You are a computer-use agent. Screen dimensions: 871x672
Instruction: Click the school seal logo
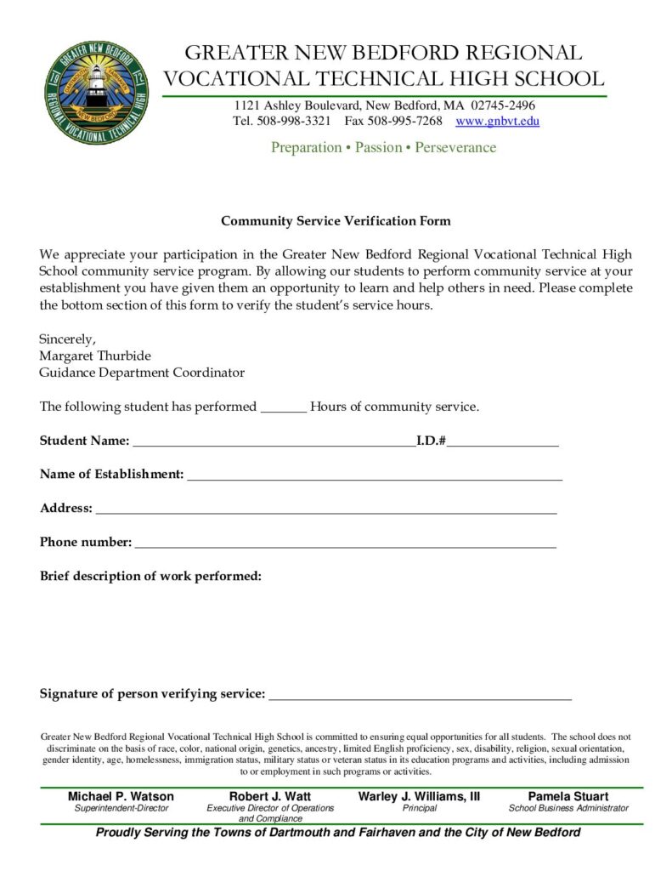point(96,93)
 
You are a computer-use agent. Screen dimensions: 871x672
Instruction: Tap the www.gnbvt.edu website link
point(497,122)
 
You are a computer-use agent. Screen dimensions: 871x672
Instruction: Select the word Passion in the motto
point(378,148)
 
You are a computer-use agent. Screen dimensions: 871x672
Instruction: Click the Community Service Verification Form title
point(336,221)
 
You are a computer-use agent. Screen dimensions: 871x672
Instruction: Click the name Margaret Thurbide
point(94,356)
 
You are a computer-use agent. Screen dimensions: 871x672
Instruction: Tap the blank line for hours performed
point(283,408)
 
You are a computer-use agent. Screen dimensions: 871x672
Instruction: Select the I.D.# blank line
point(503,443)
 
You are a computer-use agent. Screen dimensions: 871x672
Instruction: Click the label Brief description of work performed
point(150,577)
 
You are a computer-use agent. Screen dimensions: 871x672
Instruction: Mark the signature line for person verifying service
point(420,697)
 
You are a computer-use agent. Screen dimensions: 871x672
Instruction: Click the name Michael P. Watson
point(121,797)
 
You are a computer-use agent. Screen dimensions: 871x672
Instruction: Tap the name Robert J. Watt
point(270,797)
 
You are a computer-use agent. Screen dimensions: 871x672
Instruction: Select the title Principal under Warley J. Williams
point(420,808)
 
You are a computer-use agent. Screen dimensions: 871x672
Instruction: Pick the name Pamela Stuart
point(568,797)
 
